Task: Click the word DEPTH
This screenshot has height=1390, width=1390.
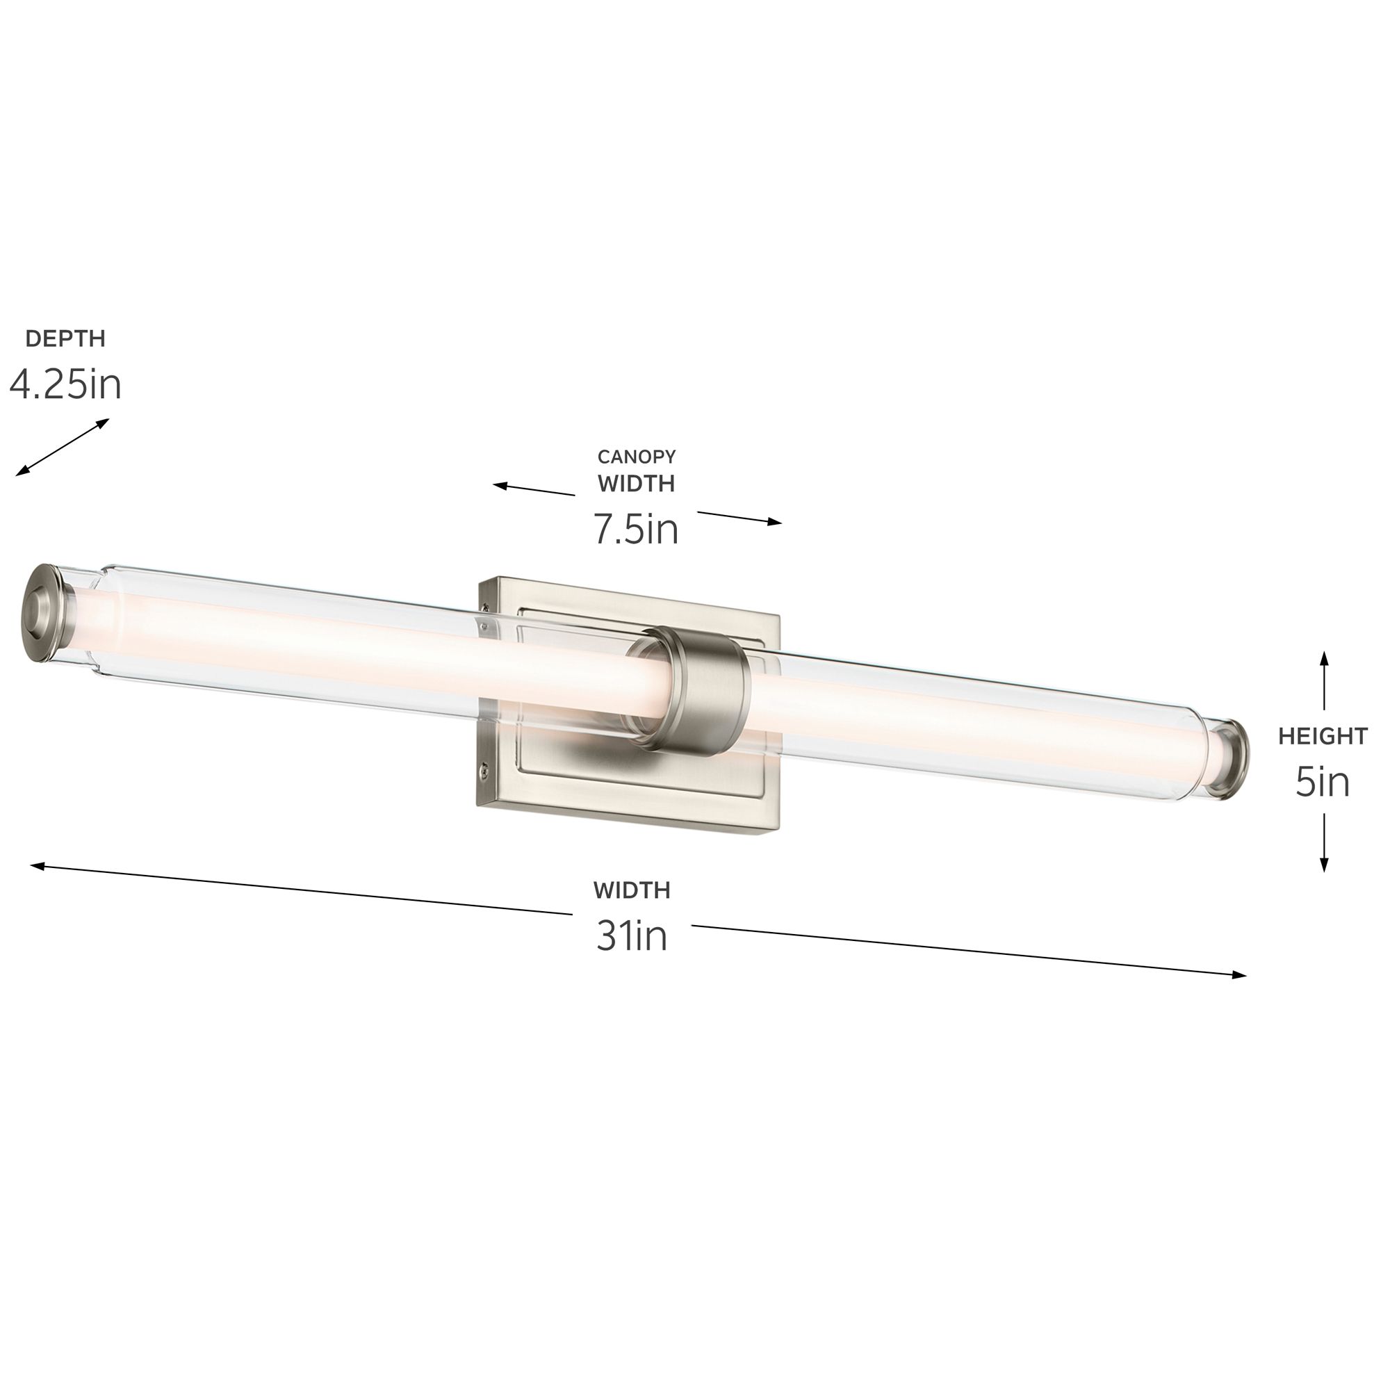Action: click(65, 338)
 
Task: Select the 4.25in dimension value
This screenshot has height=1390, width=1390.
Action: click(65, 385)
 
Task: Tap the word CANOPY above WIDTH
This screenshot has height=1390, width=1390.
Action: click(636, 456)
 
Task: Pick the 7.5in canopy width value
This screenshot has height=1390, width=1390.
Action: click(636, 529)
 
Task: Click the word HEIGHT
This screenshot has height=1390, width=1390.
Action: click(1323, 736)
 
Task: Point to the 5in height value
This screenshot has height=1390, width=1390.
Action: click(1323, 782)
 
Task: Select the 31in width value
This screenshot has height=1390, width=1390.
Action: click(632, 936)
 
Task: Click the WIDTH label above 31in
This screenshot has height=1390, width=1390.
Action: click(632, 890)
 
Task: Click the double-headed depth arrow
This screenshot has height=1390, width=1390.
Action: click(63, 448)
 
